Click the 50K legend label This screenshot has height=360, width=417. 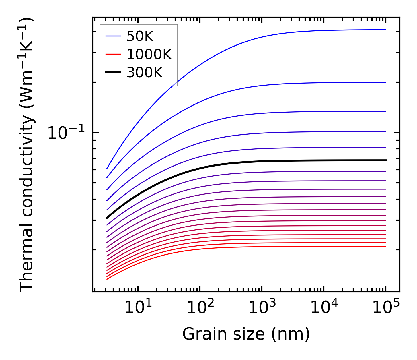(x=140, y=36)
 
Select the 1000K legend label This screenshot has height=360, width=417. (x=149, y=54)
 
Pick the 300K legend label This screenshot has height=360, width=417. (x=144, y=73)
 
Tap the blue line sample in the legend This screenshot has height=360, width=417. (x=113, y=36)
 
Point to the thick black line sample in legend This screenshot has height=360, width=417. (x=113, y=72)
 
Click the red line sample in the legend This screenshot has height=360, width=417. (x=113, y=54)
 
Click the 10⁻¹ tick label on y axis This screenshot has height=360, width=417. (x=66, y=133)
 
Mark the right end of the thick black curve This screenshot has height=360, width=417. (x=386, y=160)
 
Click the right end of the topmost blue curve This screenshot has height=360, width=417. (x=386, y=30)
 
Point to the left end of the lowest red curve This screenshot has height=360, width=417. (x=107, y=279)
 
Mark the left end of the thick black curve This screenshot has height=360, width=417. (x=107, y=218)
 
